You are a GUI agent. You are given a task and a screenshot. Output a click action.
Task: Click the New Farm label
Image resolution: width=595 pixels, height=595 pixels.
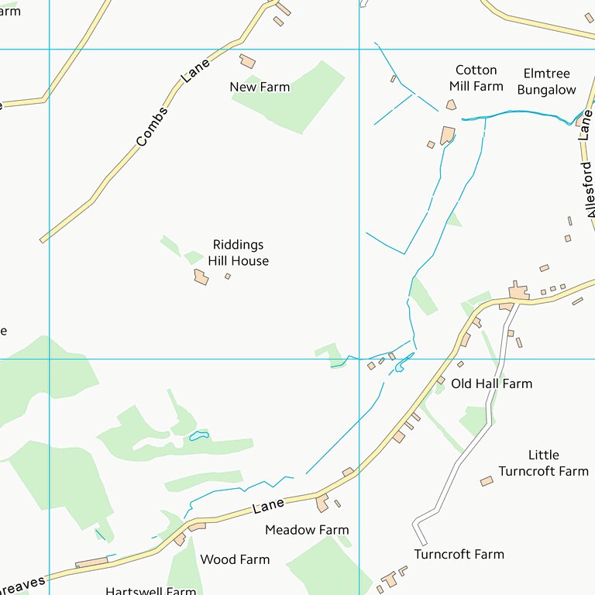click(x=260, y=87)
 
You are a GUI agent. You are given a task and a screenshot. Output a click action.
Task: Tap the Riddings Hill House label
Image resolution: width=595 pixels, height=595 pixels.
click(x=238, y=253)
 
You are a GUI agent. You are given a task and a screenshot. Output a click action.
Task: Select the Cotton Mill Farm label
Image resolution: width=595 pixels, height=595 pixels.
click(x=476, y=78)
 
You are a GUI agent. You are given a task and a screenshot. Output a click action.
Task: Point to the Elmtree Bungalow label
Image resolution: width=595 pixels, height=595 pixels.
click(x=546, y=81)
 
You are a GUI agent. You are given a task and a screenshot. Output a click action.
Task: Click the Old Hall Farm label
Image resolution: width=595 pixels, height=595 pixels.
click(x=491, y=383)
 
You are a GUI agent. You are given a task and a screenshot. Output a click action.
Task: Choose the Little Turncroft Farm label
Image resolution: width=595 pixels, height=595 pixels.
click(x=543, y=463)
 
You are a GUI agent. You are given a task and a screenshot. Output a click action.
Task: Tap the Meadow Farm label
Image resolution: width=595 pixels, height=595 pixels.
click(x=307, y=530)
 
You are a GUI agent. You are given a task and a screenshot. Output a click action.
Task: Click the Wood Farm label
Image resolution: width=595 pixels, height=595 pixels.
click(x=235, y=559)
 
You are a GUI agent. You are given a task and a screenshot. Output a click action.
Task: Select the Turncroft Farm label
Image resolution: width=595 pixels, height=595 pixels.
click(x=459, y=554)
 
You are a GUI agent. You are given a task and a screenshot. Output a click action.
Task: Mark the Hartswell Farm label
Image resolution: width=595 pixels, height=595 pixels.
click(x=150, y=591)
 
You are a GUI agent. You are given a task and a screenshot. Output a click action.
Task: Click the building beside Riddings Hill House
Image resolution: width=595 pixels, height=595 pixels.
click(x=201, y=277)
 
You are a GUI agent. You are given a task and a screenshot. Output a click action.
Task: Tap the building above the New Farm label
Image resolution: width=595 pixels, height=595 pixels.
click(x=247, y=61)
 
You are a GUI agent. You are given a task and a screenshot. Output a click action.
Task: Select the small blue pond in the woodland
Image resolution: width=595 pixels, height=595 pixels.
click(x=199, y=436)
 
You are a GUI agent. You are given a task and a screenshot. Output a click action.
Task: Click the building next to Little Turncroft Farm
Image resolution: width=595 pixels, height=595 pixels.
click(x=487, y=481)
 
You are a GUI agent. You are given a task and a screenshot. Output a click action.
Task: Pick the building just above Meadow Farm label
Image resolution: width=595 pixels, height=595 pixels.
click(x=322, y=504)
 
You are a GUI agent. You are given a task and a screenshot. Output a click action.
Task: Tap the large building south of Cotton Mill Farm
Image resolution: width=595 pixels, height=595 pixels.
click(x=447, y=136)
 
